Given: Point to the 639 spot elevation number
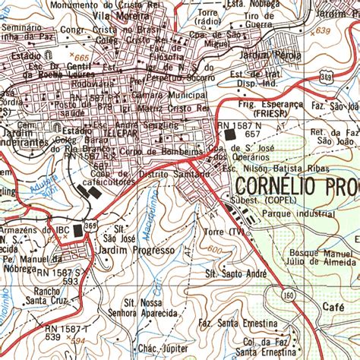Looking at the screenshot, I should (x=324, y=30).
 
